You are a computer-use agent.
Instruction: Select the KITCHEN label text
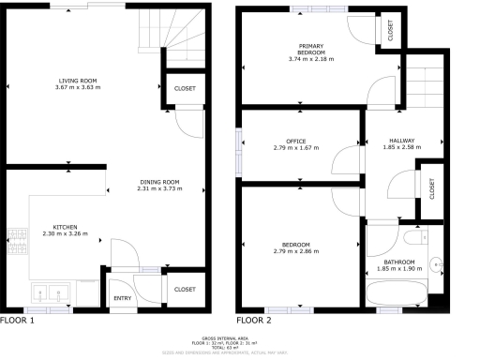[x=65, y=226]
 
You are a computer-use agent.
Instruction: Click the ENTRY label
[x=123, y=298]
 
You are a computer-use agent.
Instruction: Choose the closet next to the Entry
[x=185, y=290]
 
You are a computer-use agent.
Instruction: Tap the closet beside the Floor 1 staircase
[x=185, y=88]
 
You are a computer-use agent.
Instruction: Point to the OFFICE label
[x=295, y=142]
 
